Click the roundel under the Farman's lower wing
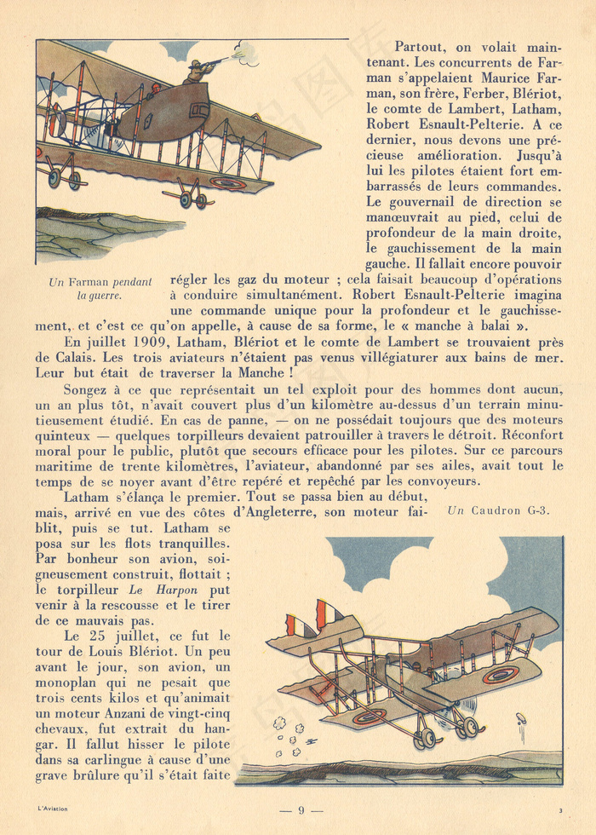(227, 182)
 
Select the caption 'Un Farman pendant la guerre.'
(100, 289)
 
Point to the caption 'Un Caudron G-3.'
(499, 511)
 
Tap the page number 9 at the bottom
(300, 810)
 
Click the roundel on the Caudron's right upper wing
(500, 675)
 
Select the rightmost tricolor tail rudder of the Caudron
(330, 613)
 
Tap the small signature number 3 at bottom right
(560, 809)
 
